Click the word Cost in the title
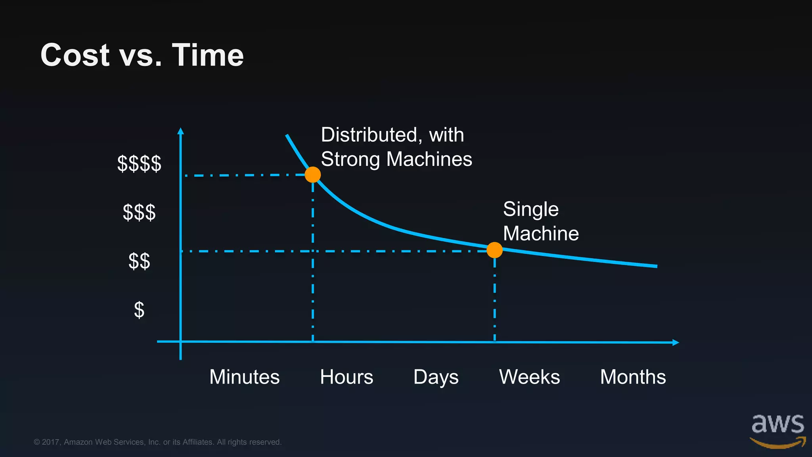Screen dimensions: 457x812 coord(75,55)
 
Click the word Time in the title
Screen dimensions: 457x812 coord(208,55)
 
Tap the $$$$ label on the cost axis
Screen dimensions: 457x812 coord(139,163)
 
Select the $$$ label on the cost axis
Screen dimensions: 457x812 coord(139,212)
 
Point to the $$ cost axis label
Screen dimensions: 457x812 coord(139,261)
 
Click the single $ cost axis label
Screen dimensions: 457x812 coord(139,310)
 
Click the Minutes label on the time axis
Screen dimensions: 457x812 coord(244,377)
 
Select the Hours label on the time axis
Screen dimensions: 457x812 coord(347,377)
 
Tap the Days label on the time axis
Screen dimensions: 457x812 coord(436,377)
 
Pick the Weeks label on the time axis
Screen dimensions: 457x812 coord(529,377)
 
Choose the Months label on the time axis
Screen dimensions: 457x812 coord(633,377)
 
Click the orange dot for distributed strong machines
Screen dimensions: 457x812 coord(313,175)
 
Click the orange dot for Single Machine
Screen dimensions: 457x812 coord(494,250)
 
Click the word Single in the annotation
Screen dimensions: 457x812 coord(530,209)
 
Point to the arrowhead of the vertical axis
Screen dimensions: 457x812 coord(181,131)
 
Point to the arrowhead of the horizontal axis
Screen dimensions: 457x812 coord(676,342)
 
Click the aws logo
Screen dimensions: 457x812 coord(778,430)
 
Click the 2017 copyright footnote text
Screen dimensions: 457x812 coord(157,442)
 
